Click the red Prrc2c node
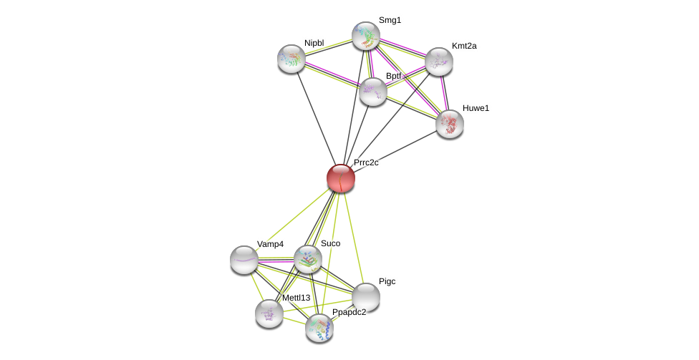(x=341, y=178)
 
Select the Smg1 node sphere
(x=366, y=36)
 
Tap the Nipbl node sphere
(x=291, y=59)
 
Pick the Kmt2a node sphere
(x=439, y=62)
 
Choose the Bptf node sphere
(x=373, y=92)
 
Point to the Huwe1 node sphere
(x=450, y=124)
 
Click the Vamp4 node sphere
(x=244, y=260)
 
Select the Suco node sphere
(x=308, y=259)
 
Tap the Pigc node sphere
(x=366, y=297)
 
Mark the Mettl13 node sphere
(x=269, y=313)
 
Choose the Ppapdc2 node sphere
(x=319, y=328)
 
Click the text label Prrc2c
(x=366, y=162)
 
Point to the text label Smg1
(x=390, y=20)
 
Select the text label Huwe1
(x=476, y=108)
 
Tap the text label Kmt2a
(x=464, y=46)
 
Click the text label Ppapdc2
(x=349, y=312)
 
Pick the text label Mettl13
(x=296, y=298)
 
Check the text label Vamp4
(x=270, y=244)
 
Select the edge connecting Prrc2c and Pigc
(x=353, y=236)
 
